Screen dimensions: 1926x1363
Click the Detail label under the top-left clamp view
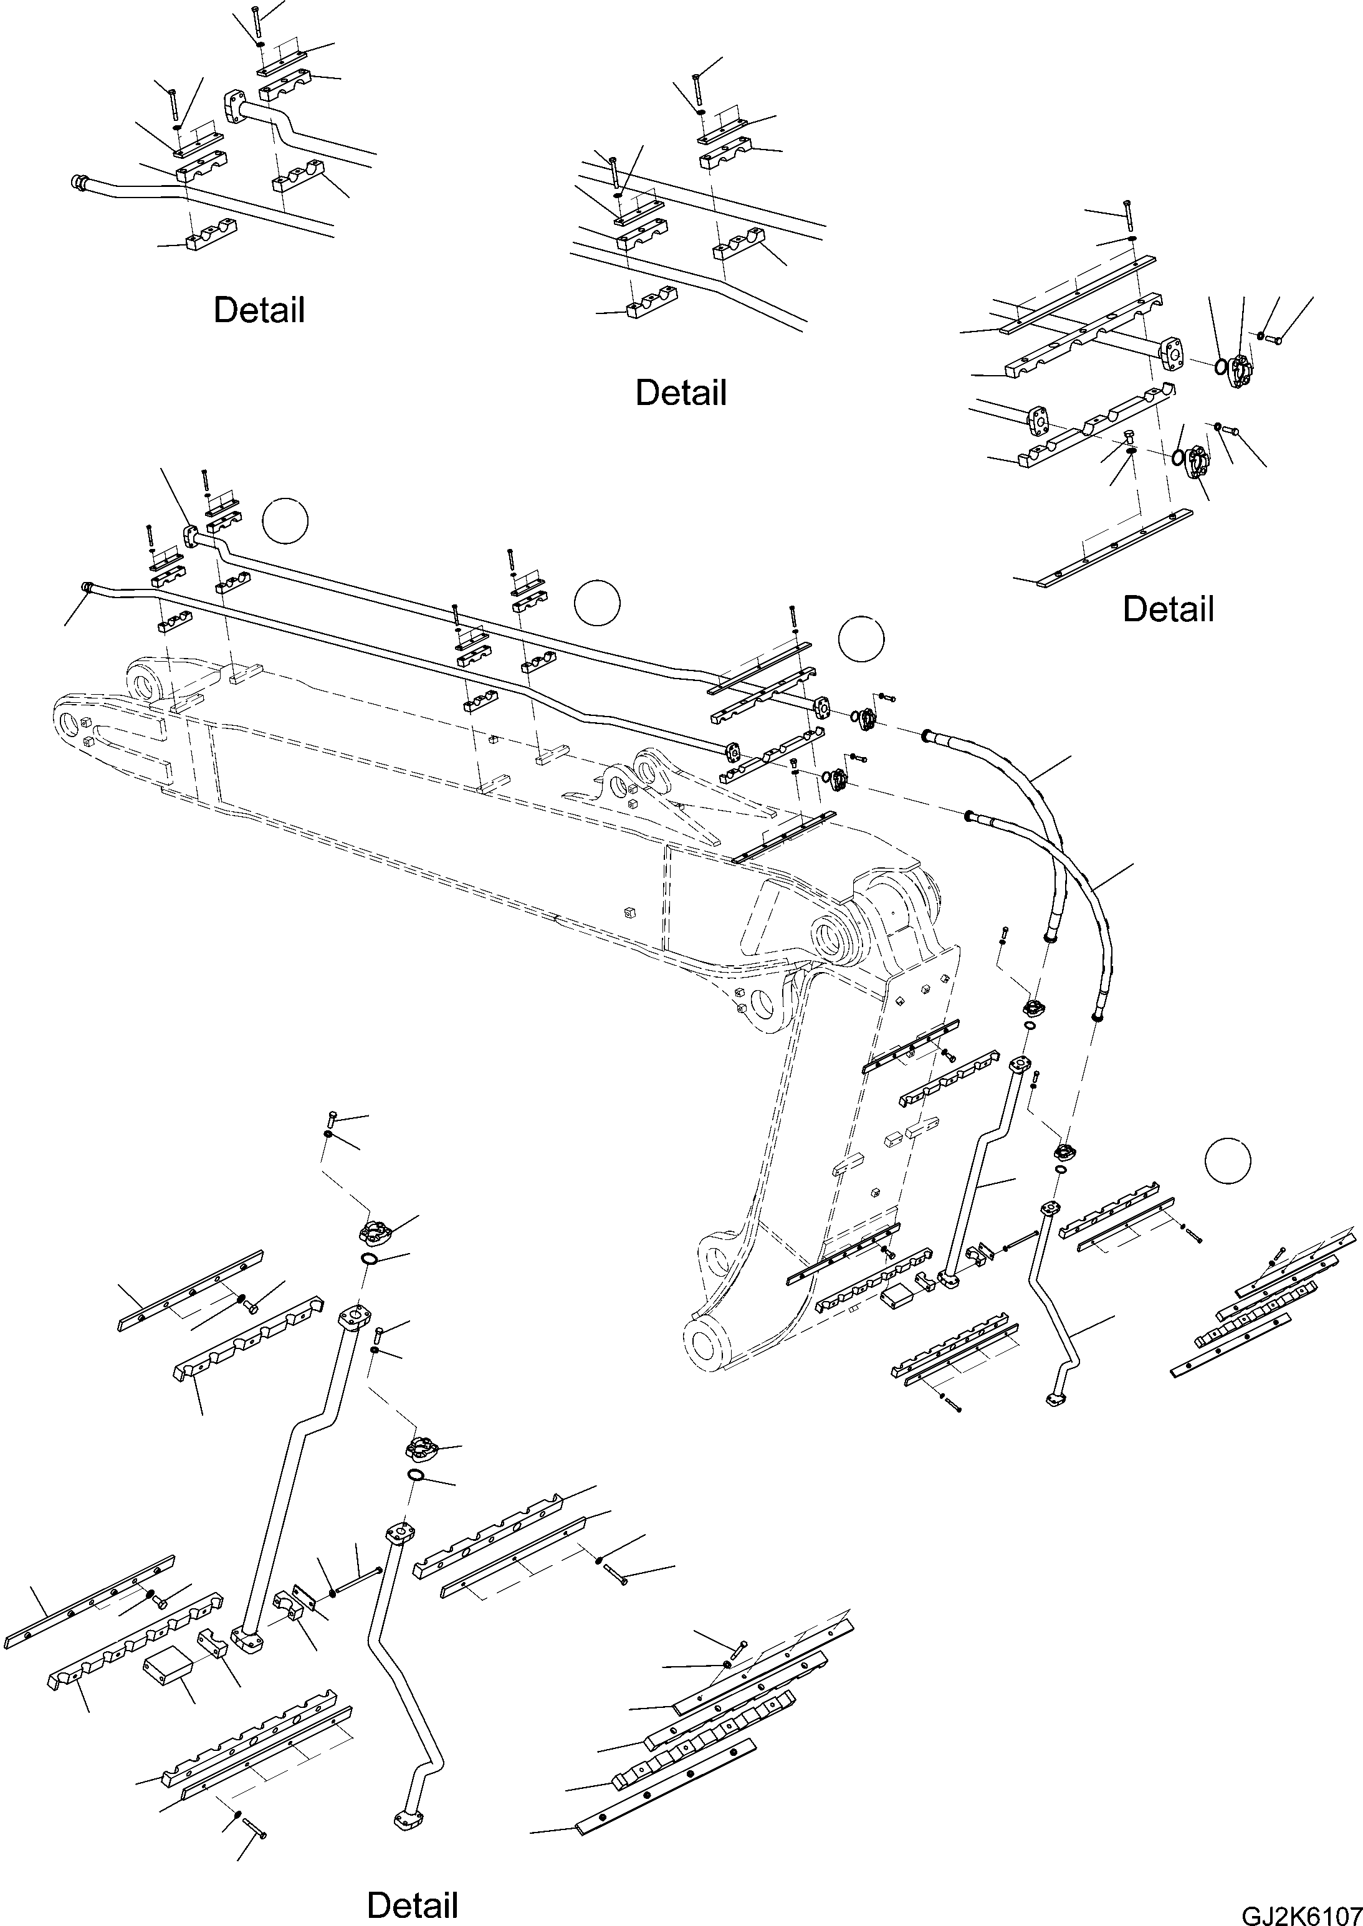[x=259, y=310]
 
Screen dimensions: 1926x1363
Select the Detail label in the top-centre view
[x=680, y=393]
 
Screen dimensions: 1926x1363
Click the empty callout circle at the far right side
[x=1227, y=1161]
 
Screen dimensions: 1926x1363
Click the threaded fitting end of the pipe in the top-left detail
[x=80, y=181]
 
